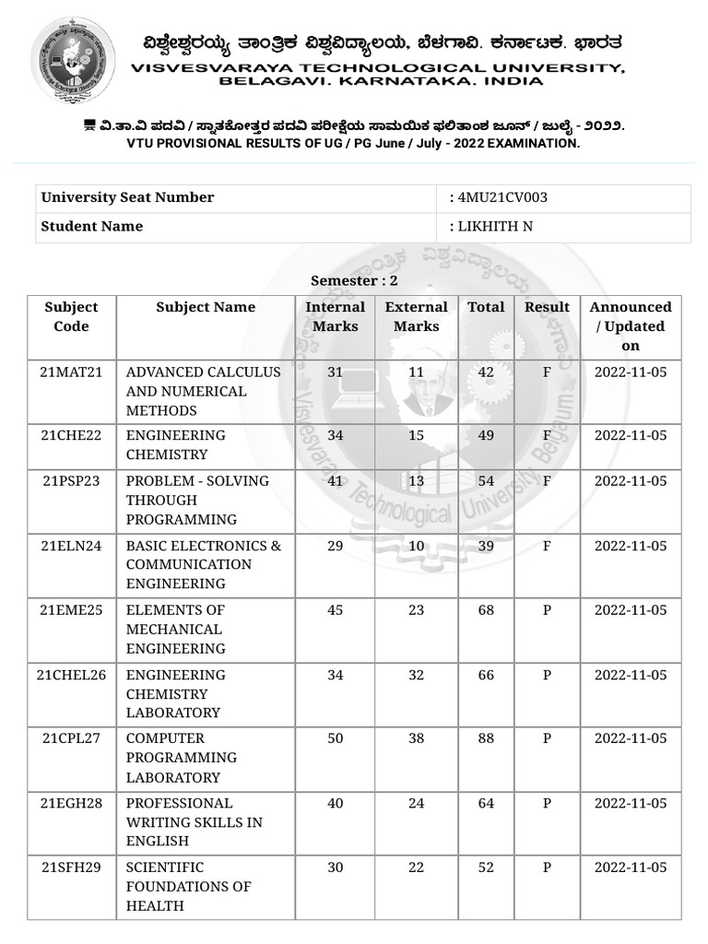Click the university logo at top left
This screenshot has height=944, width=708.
pyautogui.click(x=74, y=60)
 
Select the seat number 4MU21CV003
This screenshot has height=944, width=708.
pyautogui.click(x=504, y=197)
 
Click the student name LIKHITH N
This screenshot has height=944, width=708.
pyautogui.click(x=495, y=227)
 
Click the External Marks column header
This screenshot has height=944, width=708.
pyautogui.click(x=416, y=316)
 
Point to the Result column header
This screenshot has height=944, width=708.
pyautogui.click(x=547, y=307)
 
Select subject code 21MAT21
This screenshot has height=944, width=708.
pyautogui.click(x=71, y=372)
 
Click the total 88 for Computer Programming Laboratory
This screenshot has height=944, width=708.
pyautogui.click(x=486, y=738)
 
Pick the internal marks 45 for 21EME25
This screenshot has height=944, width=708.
pyautogui.click(x=335, y=610)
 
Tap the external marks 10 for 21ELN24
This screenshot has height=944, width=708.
pyautogui.click(x=416, y=546)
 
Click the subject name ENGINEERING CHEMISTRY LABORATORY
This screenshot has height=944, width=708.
pyautogui.click(x=175, y=693)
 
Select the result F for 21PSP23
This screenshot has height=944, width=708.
pyautogui.click(x=547, y=481)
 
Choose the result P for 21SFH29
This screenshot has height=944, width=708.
pyautogui.click(x=547, y=867)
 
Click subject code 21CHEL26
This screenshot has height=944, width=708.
pyautogui.click(x=71, y=675)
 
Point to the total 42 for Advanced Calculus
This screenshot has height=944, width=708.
pyautogui.click(x=486, y=372)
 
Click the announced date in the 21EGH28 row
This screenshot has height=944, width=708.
pyautogui.click(x=631, y=803)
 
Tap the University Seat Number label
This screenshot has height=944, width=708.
pyautogui.click(x=127, y=197)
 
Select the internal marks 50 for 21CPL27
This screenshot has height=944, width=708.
pyautogui.click(x=335, y=738)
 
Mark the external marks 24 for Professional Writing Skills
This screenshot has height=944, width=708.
pyautogui.click(x=416, y=803)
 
